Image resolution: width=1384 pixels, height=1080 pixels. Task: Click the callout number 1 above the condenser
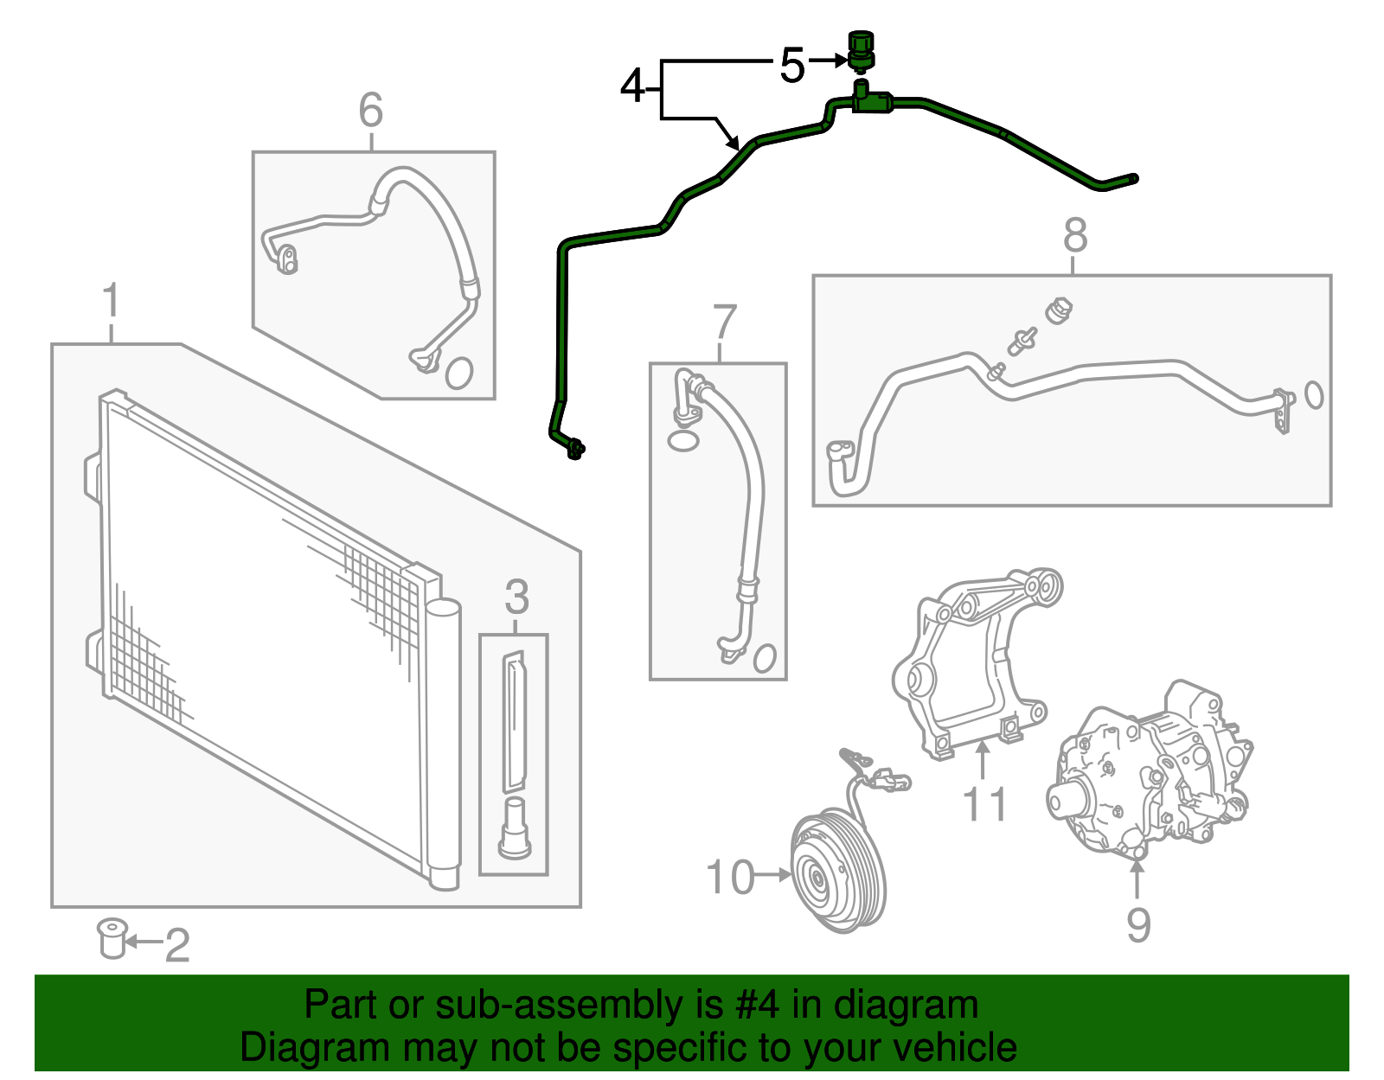[111, 302]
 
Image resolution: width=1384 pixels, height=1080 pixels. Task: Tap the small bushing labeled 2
[112, 939]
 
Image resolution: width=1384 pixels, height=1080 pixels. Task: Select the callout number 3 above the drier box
[516, 598]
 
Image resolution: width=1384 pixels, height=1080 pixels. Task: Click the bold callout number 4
[633, 86]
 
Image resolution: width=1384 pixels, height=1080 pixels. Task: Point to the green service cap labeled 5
[860, 50]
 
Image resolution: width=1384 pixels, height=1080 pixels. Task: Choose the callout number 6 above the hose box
[370, 111]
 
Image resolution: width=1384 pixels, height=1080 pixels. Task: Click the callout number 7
[725, 323]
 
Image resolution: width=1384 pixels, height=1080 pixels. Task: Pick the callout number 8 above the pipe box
[1075, 235]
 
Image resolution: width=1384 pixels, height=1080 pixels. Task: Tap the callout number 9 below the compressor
[1138, 924]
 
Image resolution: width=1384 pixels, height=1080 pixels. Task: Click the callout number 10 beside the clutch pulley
[731, 877]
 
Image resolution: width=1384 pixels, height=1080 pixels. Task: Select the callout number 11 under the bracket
[984, 804]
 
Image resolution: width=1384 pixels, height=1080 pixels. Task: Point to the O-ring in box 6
[459, 373]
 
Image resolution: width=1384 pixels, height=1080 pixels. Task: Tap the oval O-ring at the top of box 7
[683, 441]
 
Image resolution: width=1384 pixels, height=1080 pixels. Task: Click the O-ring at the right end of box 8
[1313, 394]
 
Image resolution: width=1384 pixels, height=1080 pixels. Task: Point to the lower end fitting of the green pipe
[573, 448]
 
